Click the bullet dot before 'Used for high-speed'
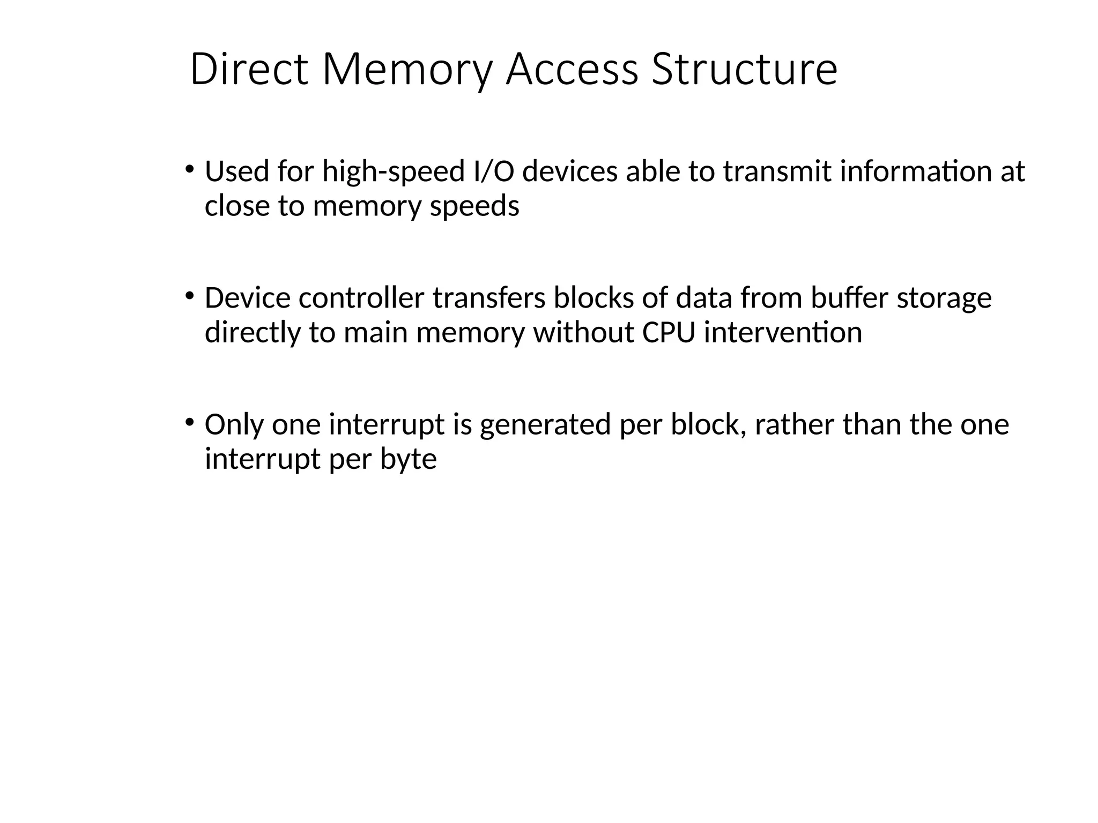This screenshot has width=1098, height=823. pos(189,169)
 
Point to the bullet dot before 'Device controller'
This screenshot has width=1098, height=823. pos(189,296)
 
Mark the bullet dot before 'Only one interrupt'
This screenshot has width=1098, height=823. pos(189,422)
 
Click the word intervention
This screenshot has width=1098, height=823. pos(783,332)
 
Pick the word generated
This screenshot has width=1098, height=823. pos(545,425)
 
